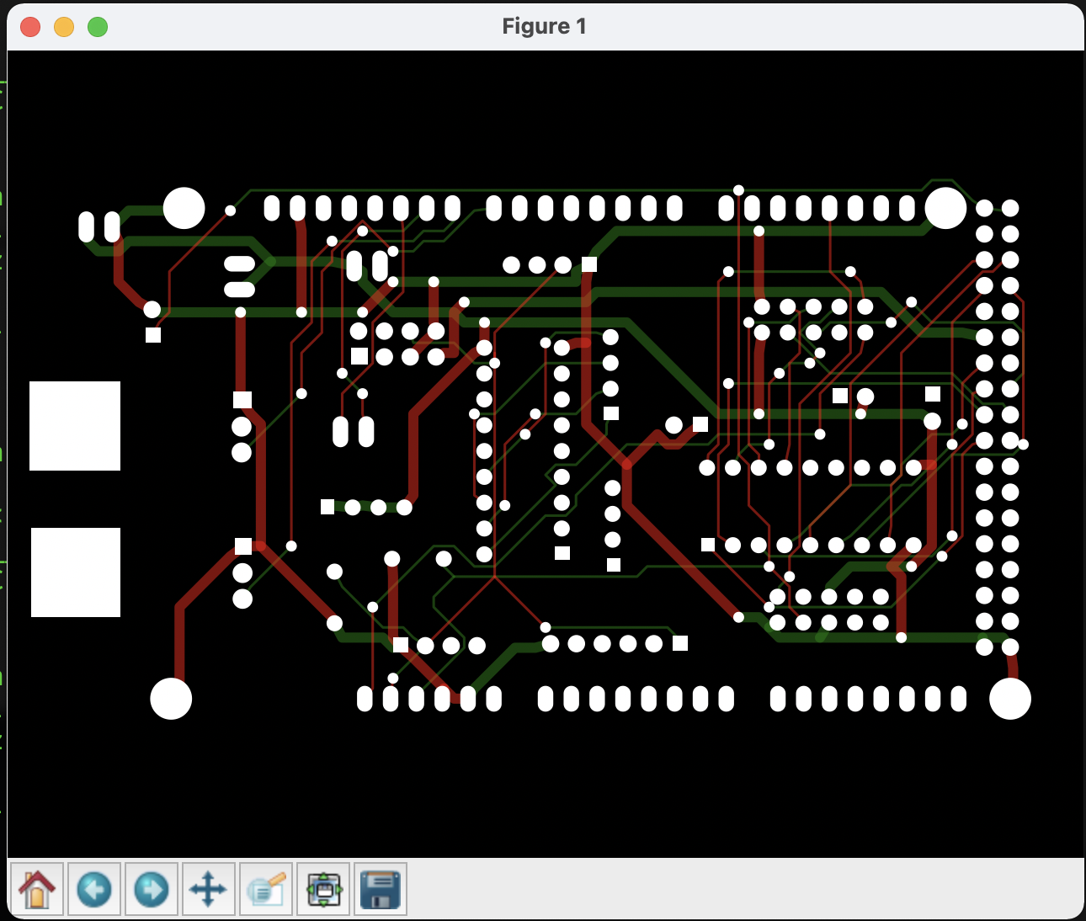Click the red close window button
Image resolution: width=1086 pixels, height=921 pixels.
click(30, 27)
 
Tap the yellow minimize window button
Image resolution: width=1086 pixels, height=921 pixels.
click(64, 27)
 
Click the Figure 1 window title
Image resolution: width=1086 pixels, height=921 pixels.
click(544, 26)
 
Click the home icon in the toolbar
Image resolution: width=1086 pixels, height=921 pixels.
click(37, 889)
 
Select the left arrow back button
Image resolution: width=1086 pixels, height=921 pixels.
click(94, 889)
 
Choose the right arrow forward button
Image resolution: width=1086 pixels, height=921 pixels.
click(152, 889)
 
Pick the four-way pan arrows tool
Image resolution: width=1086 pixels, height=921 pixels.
click(209, 889)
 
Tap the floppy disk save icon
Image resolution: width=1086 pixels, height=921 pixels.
click(381, 889)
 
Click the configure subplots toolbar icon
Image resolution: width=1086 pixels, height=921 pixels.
click(323, 889)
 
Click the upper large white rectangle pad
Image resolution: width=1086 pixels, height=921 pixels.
click(75, 426)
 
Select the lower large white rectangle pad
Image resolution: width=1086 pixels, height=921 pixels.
click(76, 572)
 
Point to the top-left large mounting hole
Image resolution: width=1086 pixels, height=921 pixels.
click(184, 208)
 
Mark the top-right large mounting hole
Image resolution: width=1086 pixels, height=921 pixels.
click(945, 208)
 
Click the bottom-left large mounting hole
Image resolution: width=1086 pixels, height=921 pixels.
click(171, 699)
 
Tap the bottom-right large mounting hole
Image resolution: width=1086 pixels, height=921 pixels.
click(1010, 699)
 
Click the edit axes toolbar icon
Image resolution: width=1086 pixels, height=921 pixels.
click(266, 889)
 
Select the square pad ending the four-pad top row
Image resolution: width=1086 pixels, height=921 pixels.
click(589, 264)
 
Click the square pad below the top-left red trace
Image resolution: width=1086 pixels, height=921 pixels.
click(153, 335)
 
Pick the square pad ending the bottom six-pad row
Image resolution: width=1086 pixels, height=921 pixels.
click(680, 643)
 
